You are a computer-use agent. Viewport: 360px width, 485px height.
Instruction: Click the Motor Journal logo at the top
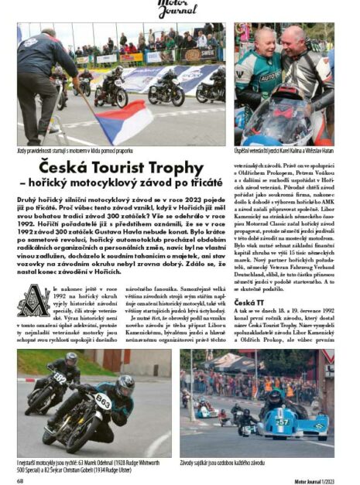coord(179,8)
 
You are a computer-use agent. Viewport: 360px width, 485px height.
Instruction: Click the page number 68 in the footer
coord(21,478)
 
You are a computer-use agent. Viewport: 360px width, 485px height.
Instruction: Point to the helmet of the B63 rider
coord(125,384)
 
